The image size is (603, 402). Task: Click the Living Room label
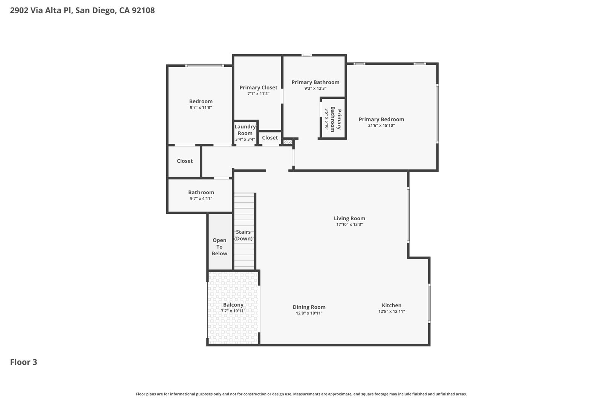349,218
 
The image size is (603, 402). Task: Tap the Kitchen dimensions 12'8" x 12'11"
392,311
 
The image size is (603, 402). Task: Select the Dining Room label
309,307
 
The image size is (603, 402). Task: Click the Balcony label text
233,305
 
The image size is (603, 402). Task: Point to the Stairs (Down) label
243,235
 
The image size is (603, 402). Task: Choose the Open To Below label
219,247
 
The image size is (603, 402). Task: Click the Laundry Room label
245,130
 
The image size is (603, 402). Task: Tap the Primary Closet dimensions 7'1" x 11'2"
259,94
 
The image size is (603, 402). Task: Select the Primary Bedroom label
381,120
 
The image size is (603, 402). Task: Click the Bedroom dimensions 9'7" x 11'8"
201,107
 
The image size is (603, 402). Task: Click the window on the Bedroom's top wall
205,66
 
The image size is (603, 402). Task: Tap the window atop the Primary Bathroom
306,55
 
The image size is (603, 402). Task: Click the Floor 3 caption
24,362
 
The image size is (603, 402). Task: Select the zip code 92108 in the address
143,10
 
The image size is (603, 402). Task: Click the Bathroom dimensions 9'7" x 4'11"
201,198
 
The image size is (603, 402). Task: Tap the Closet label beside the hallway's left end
185,161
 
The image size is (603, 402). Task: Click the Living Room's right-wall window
408,215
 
